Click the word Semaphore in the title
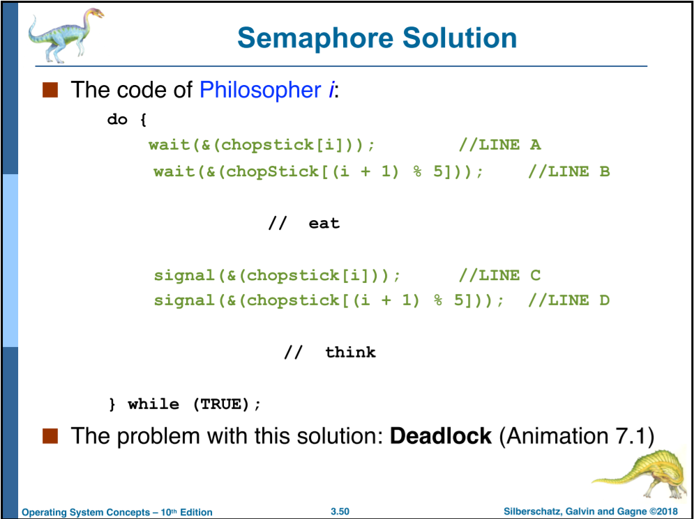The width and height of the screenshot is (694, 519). [315, 39]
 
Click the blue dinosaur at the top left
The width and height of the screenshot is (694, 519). [66, 36]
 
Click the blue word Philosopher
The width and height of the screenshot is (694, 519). [260, 90]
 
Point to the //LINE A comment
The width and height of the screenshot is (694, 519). [499, 145]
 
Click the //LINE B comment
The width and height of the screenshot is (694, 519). [569, 171]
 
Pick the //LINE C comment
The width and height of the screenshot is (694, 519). [499, 275]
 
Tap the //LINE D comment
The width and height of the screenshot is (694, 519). [569, 301]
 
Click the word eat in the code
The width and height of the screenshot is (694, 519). [324, 223]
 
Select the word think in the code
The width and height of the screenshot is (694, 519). [351, 352]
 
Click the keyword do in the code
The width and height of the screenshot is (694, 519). [117, 119]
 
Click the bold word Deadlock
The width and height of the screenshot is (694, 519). [440, 436]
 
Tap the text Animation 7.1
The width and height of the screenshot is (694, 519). [576, 436]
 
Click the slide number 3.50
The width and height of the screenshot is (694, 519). [340, 511]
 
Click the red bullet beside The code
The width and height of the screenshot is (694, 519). [50, 90]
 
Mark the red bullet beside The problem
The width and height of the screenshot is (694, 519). [50, 436]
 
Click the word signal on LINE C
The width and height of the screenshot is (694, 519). [184, 276]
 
